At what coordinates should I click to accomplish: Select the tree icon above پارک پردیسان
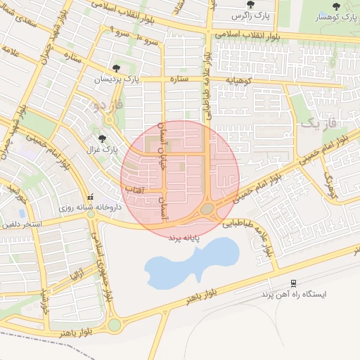(x=116, y=68)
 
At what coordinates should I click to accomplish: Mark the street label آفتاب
(x=134, y=189)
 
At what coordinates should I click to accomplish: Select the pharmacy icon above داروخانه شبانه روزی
(x=89, y=197)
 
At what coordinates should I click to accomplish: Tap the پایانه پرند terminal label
(x=184, y=238)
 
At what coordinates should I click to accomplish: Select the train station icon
(x=293, y=283)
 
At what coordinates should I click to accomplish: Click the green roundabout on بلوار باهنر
(x=114, y=325)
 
